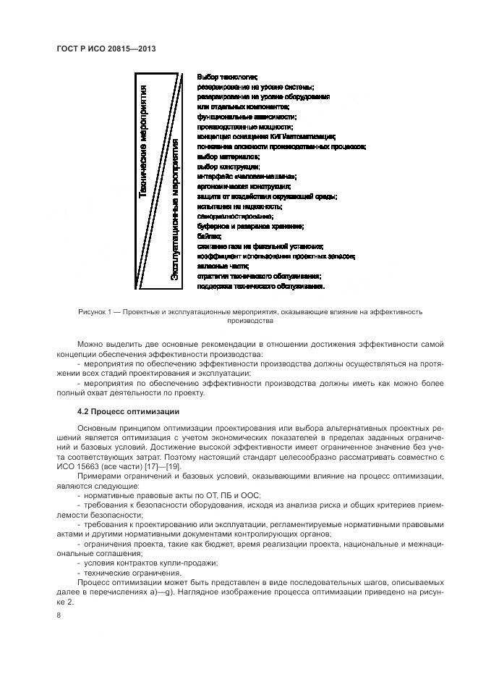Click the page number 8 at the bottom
click(59, 615)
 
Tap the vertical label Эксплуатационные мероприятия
click(174, 210)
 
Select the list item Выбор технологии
click(227, 76)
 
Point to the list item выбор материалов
click(227, 156)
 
